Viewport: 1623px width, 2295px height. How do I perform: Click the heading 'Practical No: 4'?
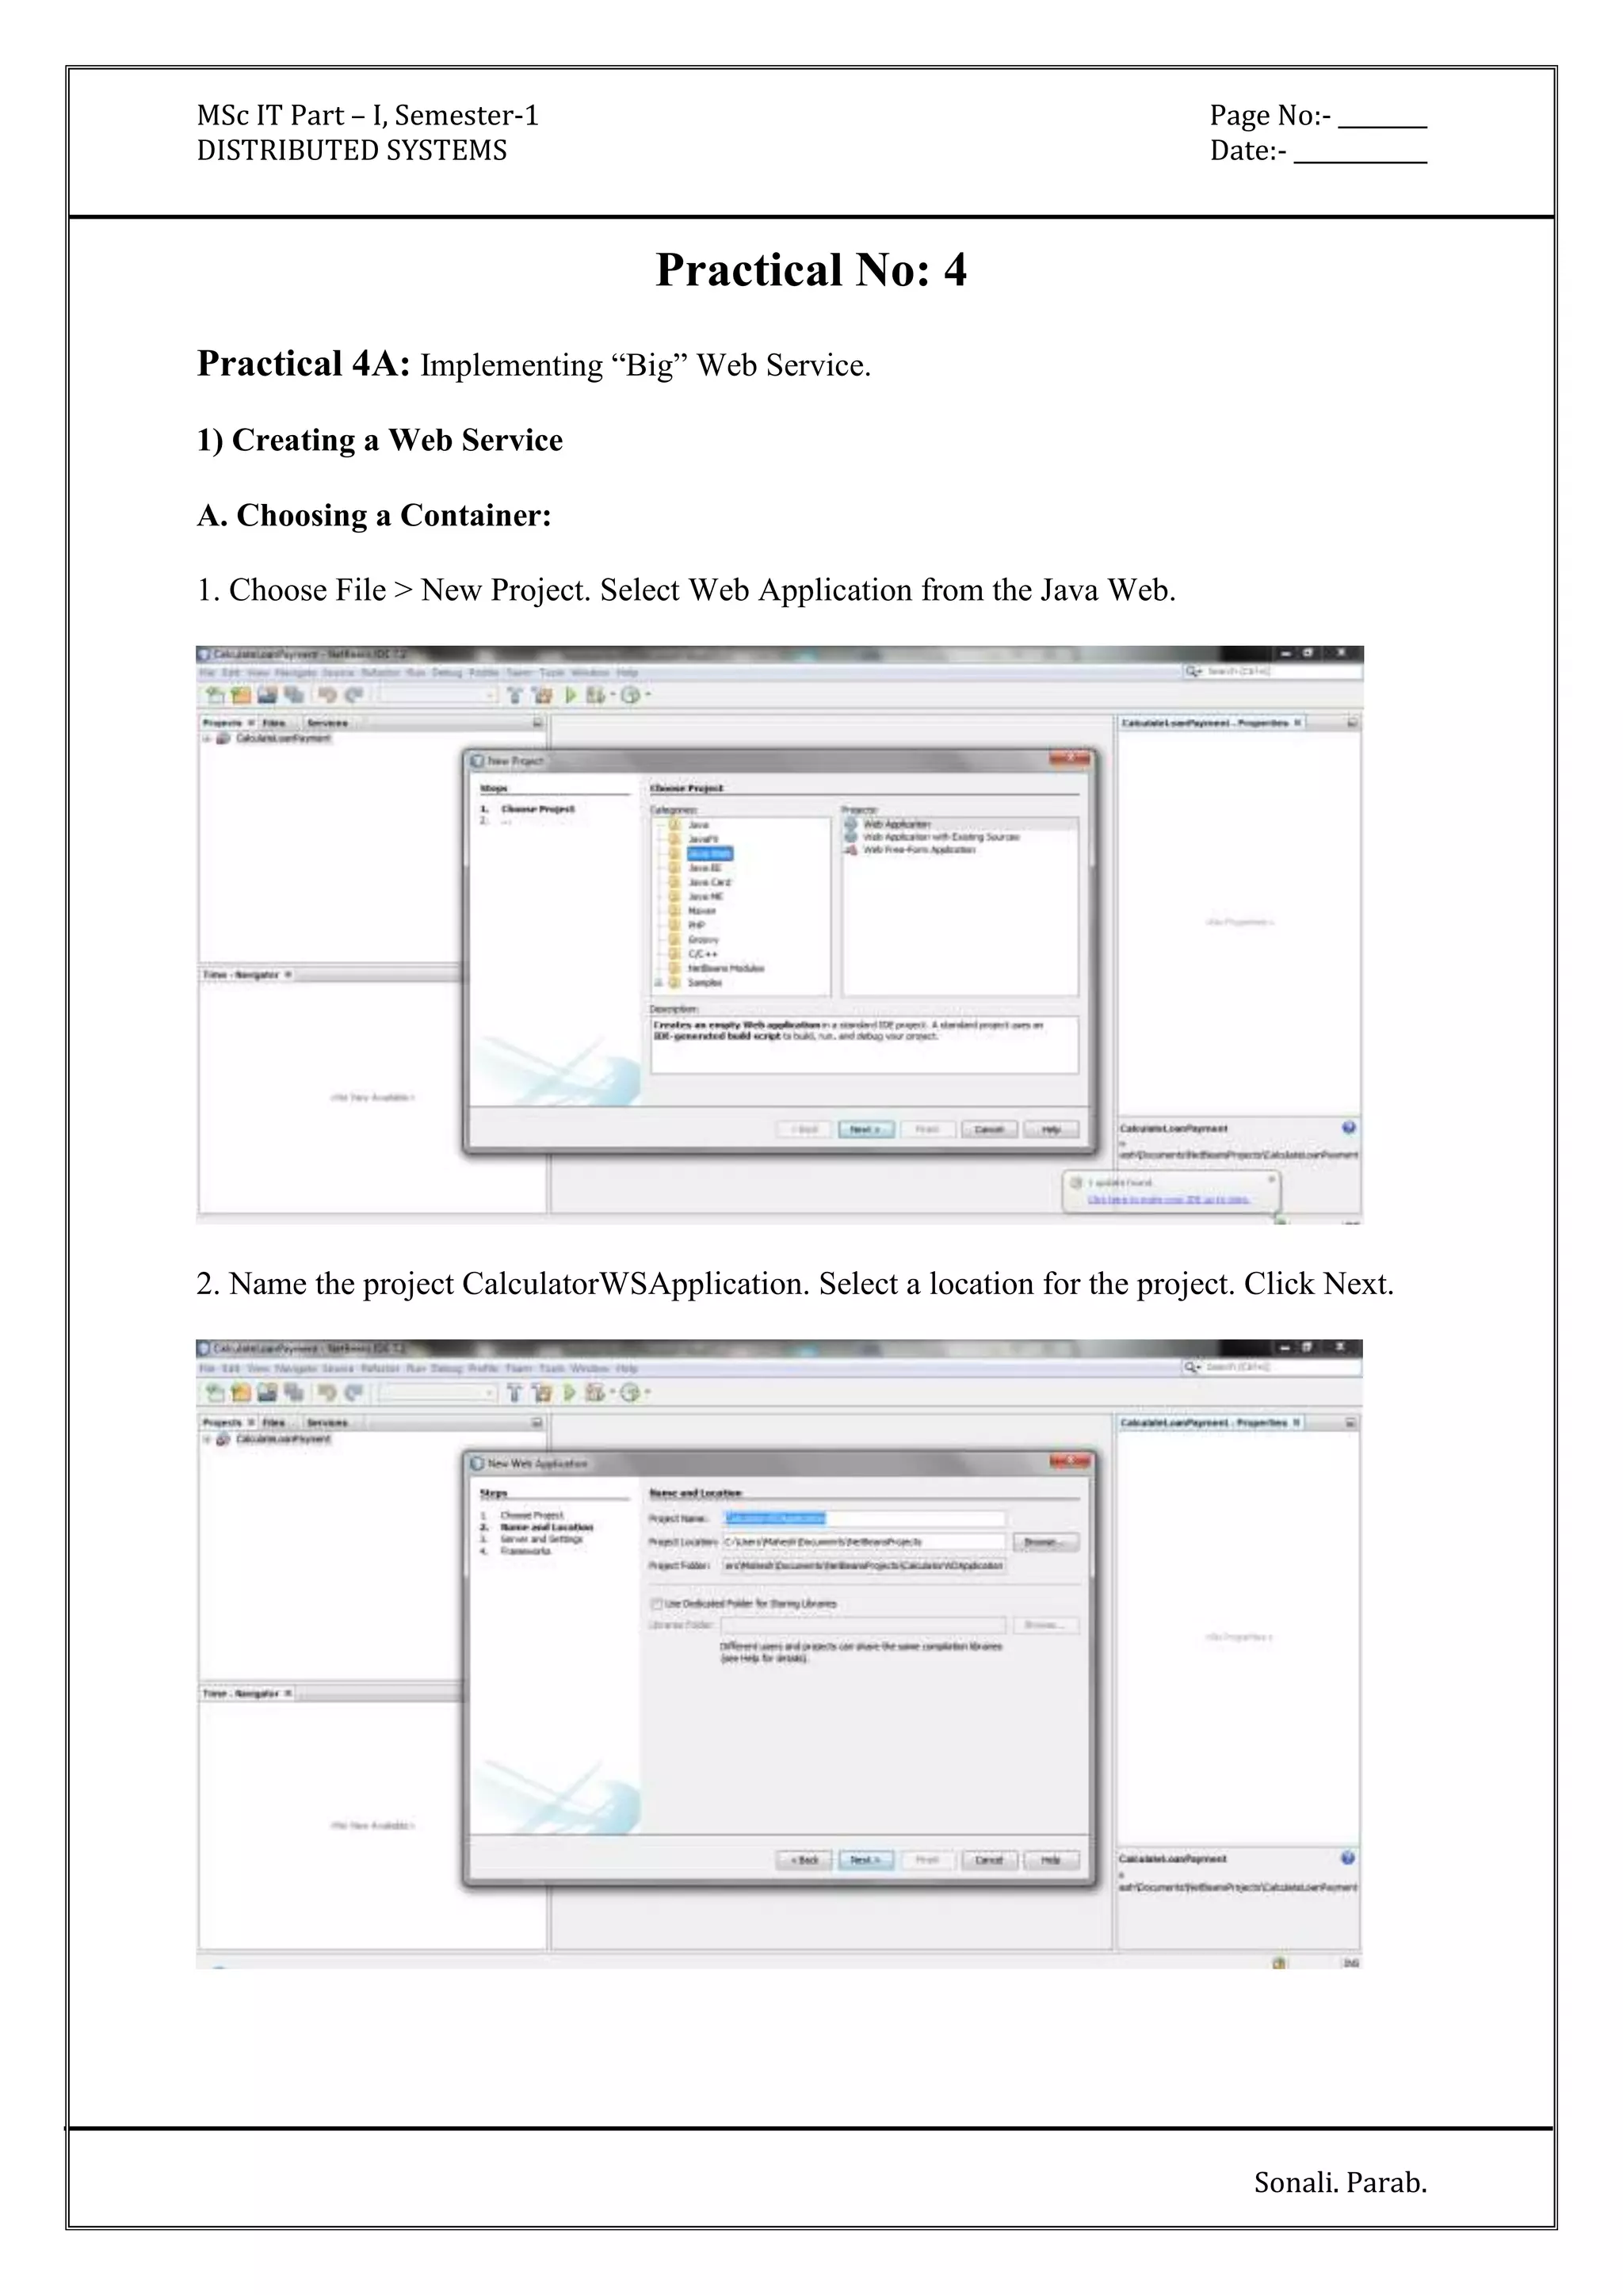(811, 270)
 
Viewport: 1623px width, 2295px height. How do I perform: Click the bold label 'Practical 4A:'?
(304, 364)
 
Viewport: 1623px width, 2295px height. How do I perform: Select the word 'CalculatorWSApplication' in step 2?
(635, 1284)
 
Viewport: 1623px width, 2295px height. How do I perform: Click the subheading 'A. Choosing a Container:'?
(374, 515)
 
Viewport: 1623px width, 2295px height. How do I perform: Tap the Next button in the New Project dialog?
(865, 1129)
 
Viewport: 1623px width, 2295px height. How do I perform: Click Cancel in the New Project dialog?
(988, 1129)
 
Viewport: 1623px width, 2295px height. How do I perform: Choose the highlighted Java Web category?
(709, 853)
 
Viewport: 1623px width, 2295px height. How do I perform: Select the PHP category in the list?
(697, 926)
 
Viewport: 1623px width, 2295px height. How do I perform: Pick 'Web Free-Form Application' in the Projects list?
(918, 850)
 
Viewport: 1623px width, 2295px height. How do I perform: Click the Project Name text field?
(864, 1518)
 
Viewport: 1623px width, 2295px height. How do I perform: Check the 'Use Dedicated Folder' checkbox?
(657, 1603)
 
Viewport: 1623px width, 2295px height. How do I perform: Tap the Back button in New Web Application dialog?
(804, 1860)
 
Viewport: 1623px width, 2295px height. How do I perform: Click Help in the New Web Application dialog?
(1050, 1860)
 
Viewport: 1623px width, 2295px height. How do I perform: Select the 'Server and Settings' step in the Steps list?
(540, 1539)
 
